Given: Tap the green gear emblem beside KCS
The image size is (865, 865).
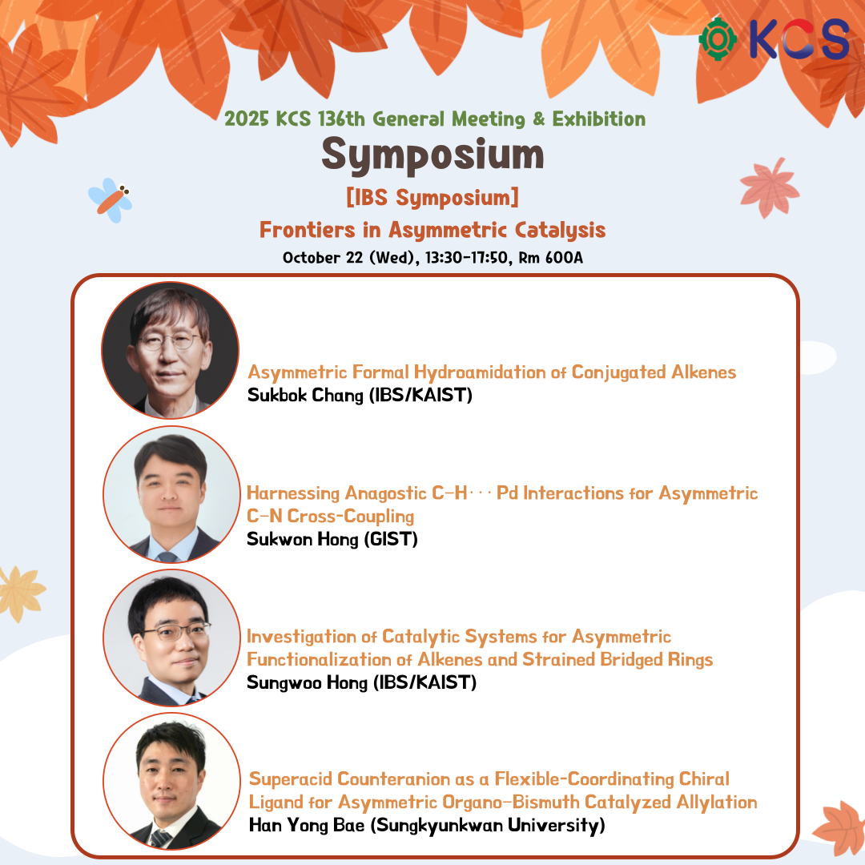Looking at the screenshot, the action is pos(718,39).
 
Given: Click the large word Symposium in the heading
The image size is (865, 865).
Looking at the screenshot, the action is pos(432,155).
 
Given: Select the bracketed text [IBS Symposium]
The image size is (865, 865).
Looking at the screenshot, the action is pos(432,197).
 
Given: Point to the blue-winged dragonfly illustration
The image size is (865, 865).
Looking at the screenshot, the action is pos(111,199).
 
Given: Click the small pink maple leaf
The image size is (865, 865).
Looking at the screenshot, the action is pos(769,188).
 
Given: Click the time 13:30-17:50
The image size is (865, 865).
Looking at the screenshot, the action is pos(469,258).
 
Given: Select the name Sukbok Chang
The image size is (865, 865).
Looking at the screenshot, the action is pos(305,395).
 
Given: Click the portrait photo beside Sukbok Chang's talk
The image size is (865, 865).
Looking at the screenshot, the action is pos(171,350).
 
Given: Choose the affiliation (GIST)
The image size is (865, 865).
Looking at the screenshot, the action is pos(391,539).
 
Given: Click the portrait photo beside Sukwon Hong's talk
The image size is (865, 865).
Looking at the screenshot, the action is pos(171,494).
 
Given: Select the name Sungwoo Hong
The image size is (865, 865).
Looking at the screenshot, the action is pos(307,683).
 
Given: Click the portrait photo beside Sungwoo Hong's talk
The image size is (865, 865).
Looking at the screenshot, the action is pos(171,638).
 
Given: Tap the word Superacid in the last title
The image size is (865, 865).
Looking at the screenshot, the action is pos(290,779).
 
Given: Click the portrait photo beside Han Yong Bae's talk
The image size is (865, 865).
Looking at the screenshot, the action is pos(171,781).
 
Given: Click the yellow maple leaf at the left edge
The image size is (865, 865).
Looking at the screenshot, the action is pos(21,593).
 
